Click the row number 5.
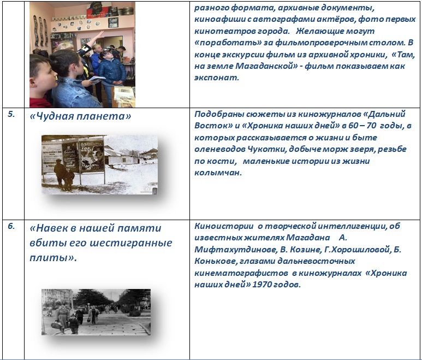[x=11, y=114]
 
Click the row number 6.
[x=11, y=226]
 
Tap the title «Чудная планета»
[x=80, y=116]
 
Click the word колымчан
[x=218, y=173]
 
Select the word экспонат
[x=217, y=78]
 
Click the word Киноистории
[x=224, y=226]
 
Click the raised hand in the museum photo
[x=99, y=35]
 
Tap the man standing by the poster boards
[x=60, y=174]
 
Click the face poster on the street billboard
[x=92, y=156]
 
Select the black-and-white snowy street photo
[x=99, y=164]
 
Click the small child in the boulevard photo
[x=74, y=324]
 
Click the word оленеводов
[x=219, y=149]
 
